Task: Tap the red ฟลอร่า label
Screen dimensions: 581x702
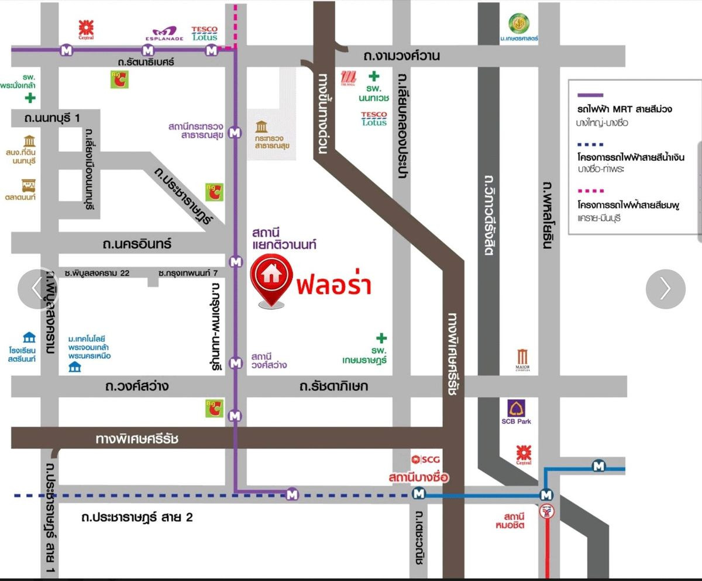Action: tap(334, 286)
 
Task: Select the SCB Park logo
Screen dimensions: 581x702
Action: tap(516, 411)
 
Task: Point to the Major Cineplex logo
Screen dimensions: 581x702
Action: tap(523, 358)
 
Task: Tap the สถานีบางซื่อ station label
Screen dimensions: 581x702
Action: tap(418, 478)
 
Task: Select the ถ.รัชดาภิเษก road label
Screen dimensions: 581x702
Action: tap(333, 386)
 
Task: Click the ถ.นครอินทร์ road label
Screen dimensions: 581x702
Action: tap(139, 243)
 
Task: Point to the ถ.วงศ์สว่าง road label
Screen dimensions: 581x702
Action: tap(137, 386)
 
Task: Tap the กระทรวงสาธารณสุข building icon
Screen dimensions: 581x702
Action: tap(261, 127)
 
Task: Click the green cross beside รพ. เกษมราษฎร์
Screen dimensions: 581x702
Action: tap(381, 338)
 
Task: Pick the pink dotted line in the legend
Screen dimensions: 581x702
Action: tap(591, 191)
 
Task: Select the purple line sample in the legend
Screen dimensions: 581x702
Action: tap(591, 94)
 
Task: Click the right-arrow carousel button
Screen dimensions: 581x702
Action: tap(665, 288)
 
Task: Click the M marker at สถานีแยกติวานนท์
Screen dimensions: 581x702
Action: tap(236, 262)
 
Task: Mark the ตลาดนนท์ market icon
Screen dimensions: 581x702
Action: tap(28, 185)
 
